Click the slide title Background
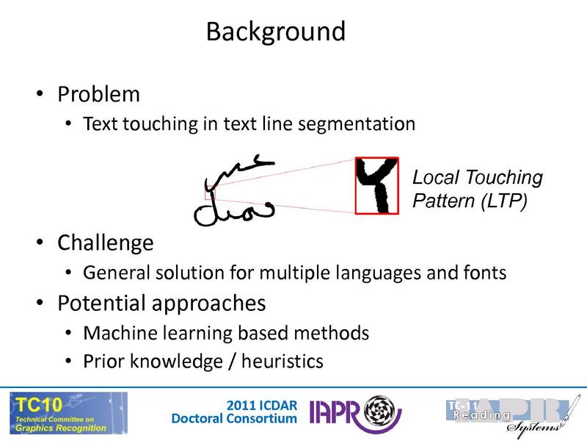pos(275,32)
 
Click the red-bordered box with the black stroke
pos(376,185)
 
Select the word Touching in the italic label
pos(505,178)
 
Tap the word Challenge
pos(106,243)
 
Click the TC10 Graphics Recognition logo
pos(68,413)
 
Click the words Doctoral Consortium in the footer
pos(234,419)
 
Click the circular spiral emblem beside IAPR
pos(380,412)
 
